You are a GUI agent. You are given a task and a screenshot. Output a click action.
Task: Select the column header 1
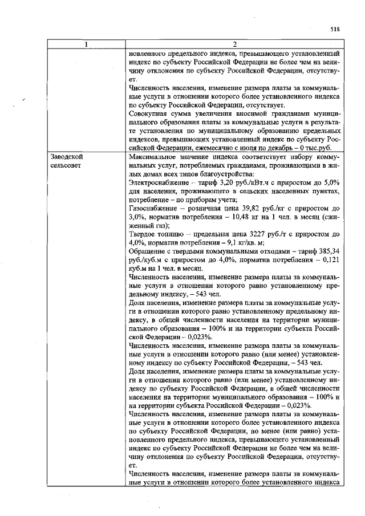87,44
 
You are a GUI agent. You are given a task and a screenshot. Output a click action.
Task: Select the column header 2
234,44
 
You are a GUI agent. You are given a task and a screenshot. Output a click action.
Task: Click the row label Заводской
64,156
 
